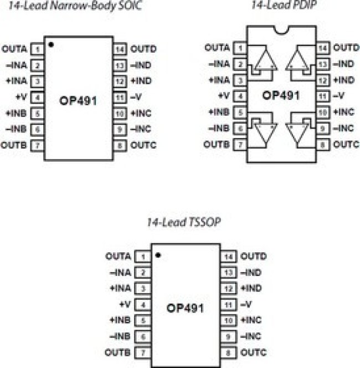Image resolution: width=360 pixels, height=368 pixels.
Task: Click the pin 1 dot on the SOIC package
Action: [51, 44]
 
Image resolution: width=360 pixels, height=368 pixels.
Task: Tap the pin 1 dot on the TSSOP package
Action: [158, 255]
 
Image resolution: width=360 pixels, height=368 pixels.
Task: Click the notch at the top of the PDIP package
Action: [281, 30]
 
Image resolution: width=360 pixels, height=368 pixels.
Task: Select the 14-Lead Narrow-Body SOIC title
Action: [75, 5]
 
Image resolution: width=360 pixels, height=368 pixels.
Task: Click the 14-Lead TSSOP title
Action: [184, 222]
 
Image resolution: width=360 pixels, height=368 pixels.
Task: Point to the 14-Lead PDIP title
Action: [284, 4]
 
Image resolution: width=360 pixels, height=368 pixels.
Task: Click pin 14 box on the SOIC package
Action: [120, 49]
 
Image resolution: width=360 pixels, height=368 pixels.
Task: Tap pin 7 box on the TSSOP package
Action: [143, 352]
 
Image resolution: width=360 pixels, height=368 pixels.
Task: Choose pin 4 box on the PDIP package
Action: [240, 96]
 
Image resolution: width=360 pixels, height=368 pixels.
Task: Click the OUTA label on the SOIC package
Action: [14, 49]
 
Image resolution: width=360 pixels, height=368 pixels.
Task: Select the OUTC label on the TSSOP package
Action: [254, 352]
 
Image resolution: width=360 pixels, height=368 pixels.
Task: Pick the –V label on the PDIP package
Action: [338, 96]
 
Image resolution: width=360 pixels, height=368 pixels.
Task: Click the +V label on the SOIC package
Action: [22, 96]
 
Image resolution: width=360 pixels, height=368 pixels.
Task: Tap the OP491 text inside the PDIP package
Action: [281, 95]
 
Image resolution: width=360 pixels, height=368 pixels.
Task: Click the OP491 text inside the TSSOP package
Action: [185, 308]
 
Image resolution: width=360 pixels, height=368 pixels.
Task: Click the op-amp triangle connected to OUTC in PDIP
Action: [297, 132]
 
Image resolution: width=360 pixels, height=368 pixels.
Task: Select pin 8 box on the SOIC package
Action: [120, 146]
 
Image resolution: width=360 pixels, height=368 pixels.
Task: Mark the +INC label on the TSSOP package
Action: [251, 320]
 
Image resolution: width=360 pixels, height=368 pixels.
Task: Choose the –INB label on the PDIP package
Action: [219, 128]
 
